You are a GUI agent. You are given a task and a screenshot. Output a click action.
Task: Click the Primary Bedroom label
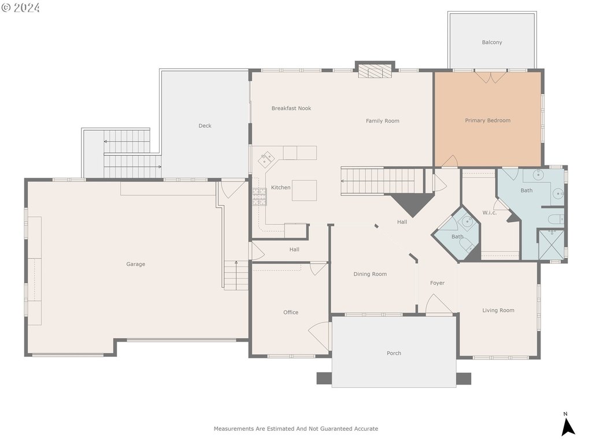(x=487, y=120)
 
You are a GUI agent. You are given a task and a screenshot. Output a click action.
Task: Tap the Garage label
(x=135, y=264)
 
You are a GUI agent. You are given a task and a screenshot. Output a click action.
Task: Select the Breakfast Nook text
(x=291, y=108)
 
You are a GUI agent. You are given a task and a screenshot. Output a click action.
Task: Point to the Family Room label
(x=383, y=121)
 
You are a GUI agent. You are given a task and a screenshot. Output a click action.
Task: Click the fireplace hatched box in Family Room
(x=375, y=71)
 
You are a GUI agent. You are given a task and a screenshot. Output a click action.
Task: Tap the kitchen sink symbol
(x=266, y=160)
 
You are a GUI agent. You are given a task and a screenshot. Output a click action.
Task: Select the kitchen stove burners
(x=260, y=197)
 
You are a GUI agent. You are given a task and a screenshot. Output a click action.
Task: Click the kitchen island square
(x=304, y=190)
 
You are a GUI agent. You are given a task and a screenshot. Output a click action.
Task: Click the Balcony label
(x=492, y=42)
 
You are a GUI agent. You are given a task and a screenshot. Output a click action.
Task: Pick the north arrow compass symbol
(x=568, y=425)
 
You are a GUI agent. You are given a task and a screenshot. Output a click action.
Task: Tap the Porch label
(x=394, y=353)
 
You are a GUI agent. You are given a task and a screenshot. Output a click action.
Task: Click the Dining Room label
(x=370, y=274)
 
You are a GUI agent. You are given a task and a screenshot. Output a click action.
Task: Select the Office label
(x=291, y=312)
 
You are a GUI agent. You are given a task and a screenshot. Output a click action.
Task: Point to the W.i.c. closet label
(x=489, y=213)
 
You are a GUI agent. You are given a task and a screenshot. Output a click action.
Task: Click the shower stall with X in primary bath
(x=551, y=245)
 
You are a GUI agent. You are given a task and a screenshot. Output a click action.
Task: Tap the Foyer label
(x=437, y=283)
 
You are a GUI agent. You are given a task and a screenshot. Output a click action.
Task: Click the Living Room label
(x=498, y=310)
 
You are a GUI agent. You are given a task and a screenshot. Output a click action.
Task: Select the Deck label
(x=205, y=125)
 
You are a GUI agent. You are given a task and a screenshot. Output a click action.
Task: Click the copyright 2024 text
(x=20, y=8)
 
